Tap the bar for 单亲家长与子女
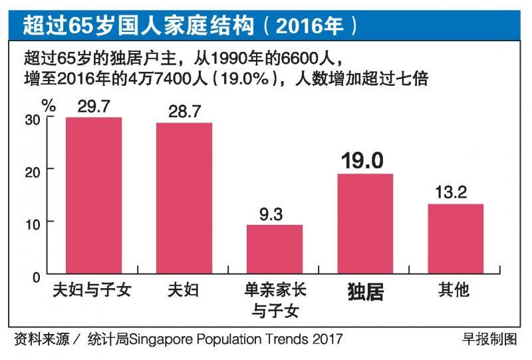click(275, 249)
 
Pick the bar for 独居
click(365, 223)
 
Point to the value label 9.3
click(275, 214)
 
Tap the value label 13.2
click(456, 193)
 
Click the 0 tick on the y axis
click(37, 273)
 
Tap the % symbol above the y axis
click(49, 104)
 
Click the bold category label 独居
click(365, 292)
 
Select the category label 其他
click(456, 291)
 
